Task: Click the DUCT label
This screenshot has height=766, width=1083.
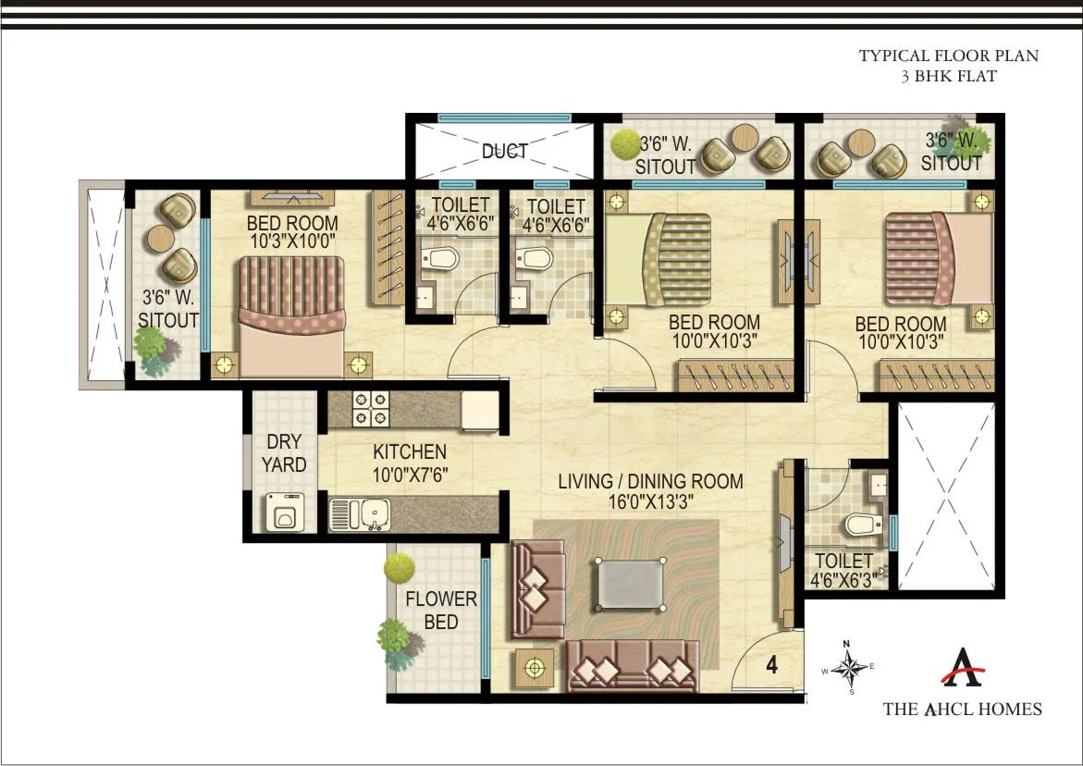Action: pyautogui.click(x=504, y=151)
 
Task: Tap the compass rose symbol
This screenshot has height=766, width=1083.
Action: pyautogui.click(x=847, y=666)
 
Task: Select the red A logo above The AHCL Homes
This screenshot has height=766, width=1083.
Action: pyautogui.click(x=962, y=668)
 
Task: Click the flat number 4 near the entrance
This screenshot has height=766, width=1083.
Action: pyautogui.click(x=770, y=663)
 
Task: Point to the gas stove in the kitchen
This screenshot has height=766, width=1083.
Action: pyautogui.click(x=372, y=409)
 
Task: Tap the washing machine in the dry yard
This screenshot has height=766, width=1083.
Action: pyautogui.click(x=283, y=511)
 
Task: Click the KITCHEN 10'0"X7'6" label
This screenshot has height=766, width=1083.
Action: pyautogui.click(x=410, y=462)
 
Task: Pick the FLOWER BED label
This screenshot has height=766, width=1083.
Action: pyautogui.click(x=441, y=611)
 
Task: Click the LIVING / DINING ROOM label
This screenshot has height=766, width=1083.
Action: pyautogui.click(x=650, y=490)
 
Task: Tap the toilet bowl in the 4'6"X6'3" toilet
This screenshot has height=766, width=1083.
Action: pyautogui.click(x=861, y=525)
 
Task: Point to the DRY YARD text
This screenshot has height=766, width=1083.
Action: pyautogui.click(x=283, y=453)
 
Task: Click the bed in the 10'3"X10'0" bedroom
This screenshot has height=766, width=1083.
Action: pyautogui.click(x=292, y=315)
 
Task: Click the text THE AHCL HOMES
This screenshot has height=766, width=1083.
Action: pyautogui.click(x=962, y=710)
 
